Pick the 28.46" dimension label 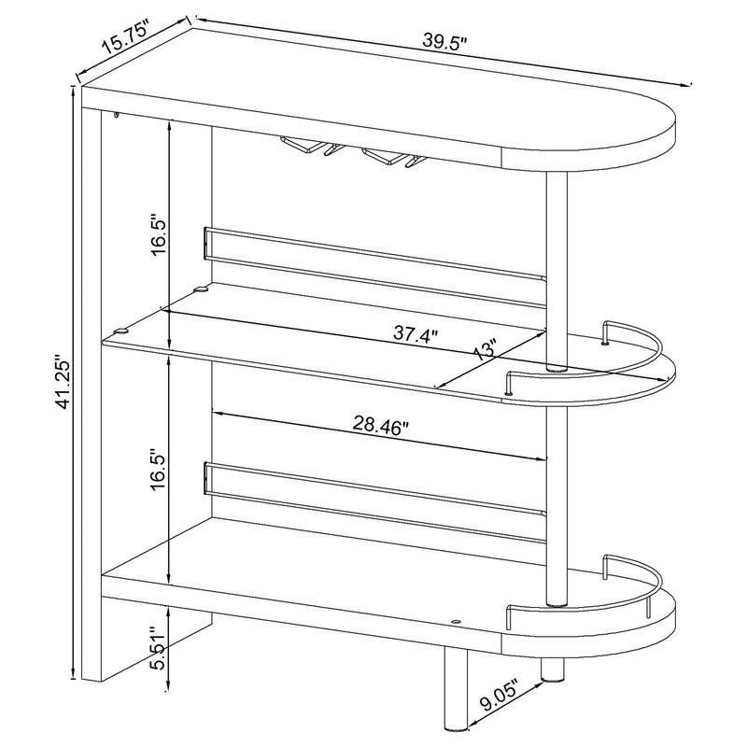click(379, 427)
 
